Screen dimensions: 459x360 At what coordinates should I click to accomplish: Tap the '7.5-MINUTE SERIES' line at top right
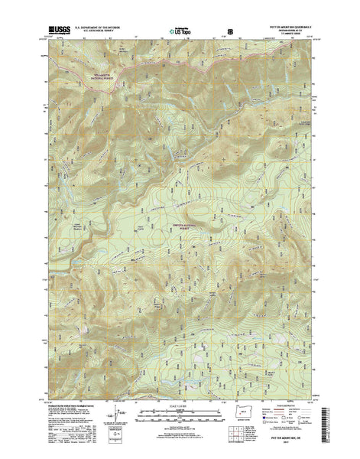coord(291,34)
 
